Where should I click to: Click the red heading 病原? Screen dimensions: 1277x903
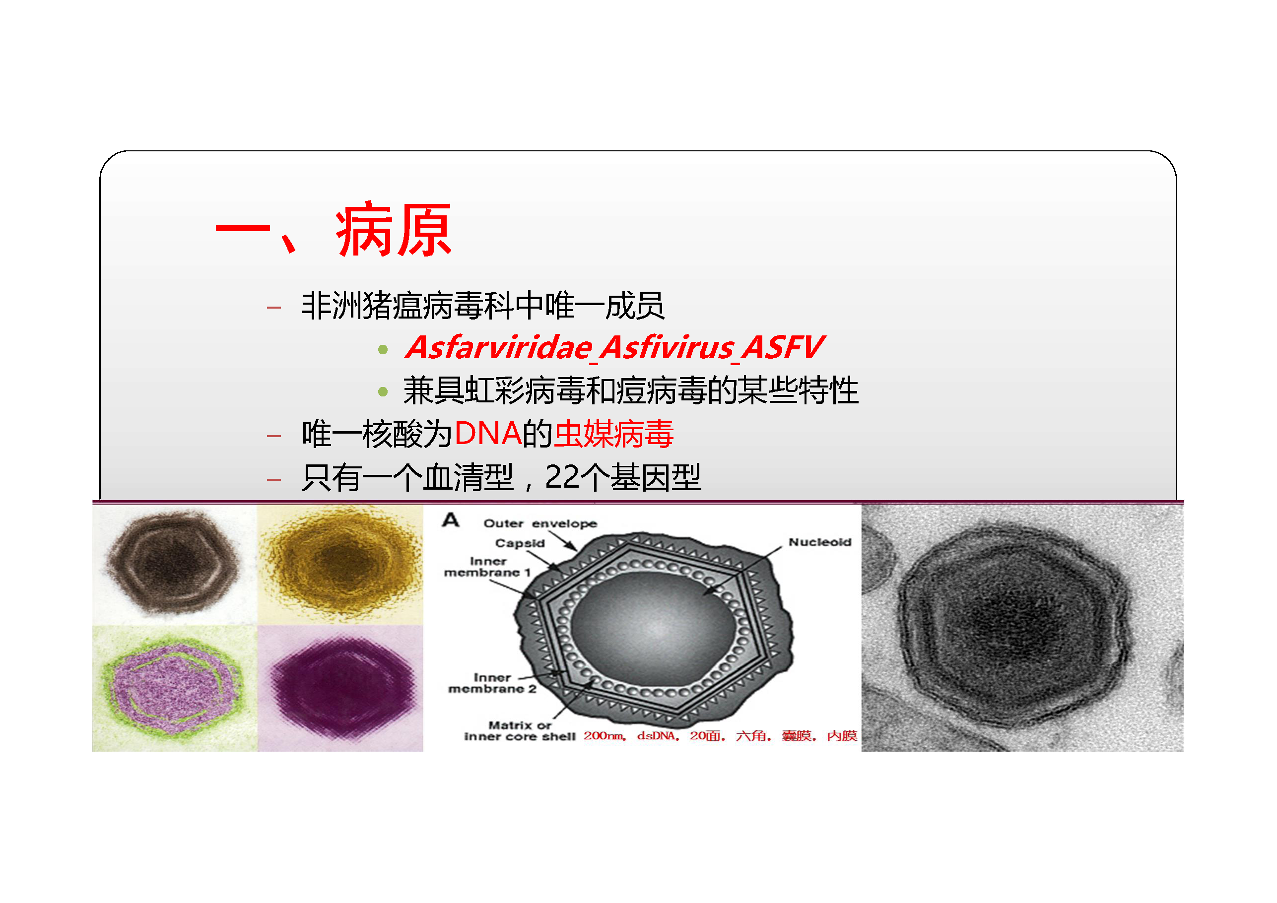pos(393,230)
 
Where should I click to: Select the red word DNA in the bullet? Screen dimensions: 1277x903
pos(488,434)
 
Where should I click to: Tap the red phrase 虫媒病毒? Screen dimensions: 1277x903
pos(614,434)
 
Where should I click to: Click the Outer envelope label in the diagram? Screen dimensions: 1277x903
pos(540,523)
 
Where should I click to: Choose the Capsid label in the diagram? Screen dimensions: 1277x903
pos(520,543)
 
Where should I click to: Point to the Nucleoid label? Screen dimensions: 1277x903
pos(820,542)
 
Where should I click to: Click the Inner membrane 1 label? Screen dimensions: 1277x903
pos(487,567)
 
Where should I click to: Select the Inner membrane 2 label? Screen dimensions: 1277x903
pos(492,683)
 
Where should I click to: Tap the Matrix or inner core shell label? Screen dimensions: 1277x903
pos(520,731)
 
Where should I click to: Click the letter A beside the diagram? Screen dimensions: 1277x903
pos(451,520)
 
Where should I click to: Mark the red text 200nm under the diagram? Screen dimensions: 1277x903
pos(604,736)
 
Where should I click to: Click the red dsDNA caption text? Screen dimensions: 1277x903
pos(656,736)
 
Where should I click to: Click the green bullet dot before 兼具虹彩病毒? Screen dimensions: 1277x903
pos(383,391)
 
